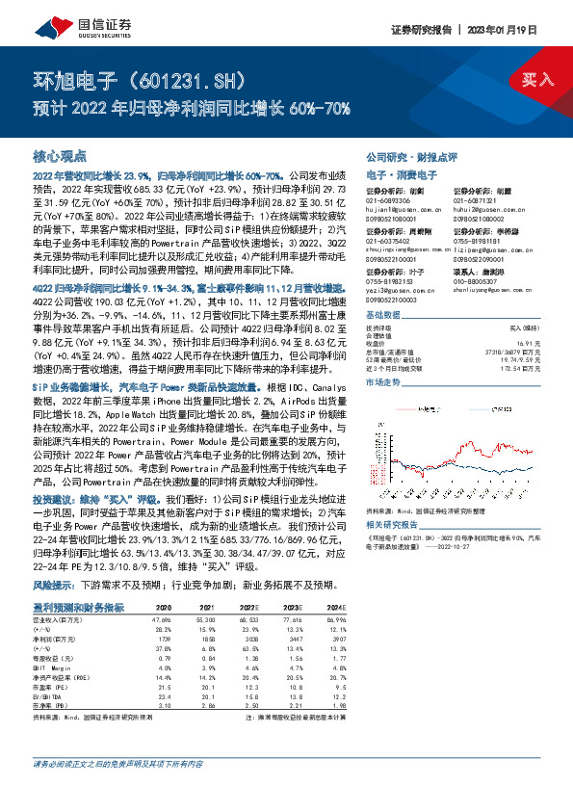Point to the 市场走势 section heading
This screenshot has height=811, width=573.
pyautogui.click(x=385, y=382)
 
